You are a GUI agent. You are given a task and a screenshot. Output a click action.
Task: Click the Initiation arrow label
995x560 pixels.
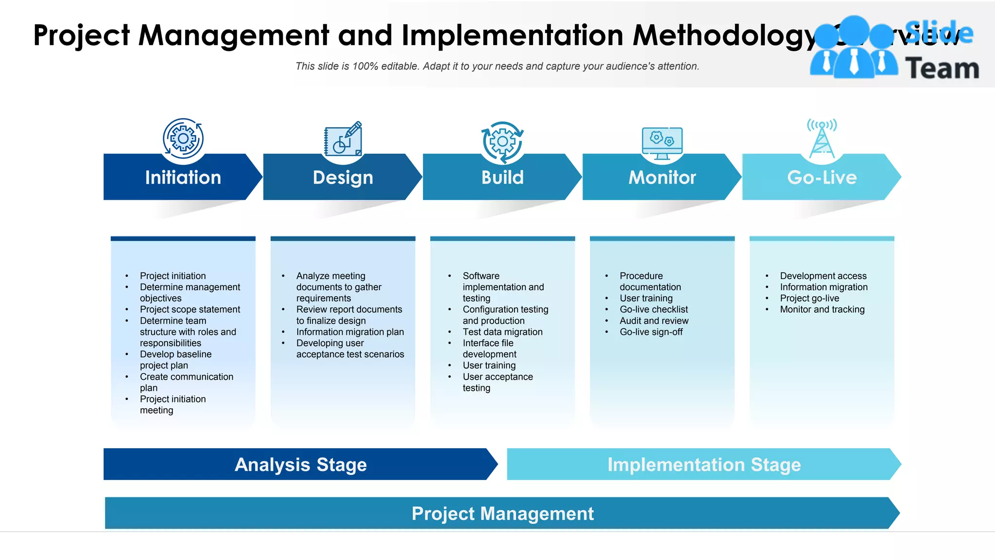[183, 177]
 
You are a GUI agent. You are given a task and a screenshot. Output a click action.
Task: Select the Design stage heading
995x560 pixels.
[343, 177]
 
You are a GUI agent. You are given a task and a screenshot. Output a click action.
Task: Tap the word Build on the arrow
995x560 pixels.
[502, 177]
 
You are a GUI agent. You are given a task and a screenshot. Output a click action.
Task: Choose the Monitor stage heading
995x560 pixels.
[662, 177]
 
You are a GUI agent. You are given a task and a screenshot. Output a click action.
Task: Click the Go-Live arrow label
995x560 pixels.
[822, 177]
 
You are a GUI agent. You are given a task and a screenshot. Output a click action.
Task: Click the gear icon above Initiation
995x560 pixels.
[183, 139]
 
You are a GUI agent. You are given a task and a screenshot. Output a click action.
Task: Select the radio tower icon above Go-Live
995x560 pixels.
[822, 139]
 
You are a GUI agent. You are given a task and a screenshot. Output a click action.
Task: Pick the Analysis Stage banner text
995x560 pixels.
[300, 465]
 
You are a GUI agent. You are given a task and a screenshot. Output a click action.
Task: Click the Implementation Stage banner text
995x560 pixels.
[703, 465]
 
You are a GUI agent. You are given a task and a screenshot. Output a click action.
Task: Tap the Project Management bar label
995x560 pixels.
[502, 514]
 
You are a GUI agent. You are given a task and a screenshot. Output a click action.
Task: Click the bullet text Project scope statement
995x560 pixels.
[190, 310]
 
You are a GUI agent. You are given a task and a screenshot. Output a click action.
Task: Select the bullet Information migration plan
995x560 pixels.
[350, 332]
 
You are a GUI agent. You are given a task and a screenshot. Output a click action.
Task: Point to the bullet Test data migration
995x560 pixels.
[502, 332]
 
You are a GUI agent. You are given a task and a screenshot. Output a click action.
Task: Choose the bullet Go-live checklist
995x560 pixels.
[653, 310]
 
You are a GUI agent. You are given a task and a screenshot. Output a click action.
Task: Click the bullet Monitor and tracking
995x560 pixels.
[822, 310]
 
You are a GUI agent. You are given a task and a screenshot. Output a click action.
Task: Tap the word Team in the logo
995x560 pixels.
[942, 69]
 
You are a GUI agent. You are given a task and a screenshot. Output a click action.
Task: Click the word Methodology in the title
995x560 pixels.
[724, 35]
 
